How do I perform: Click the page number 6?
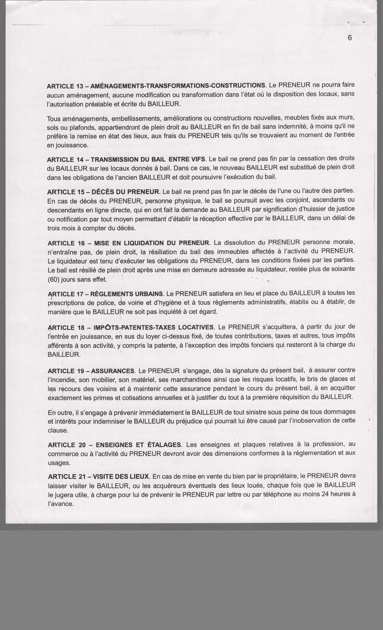pos(350,38)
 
